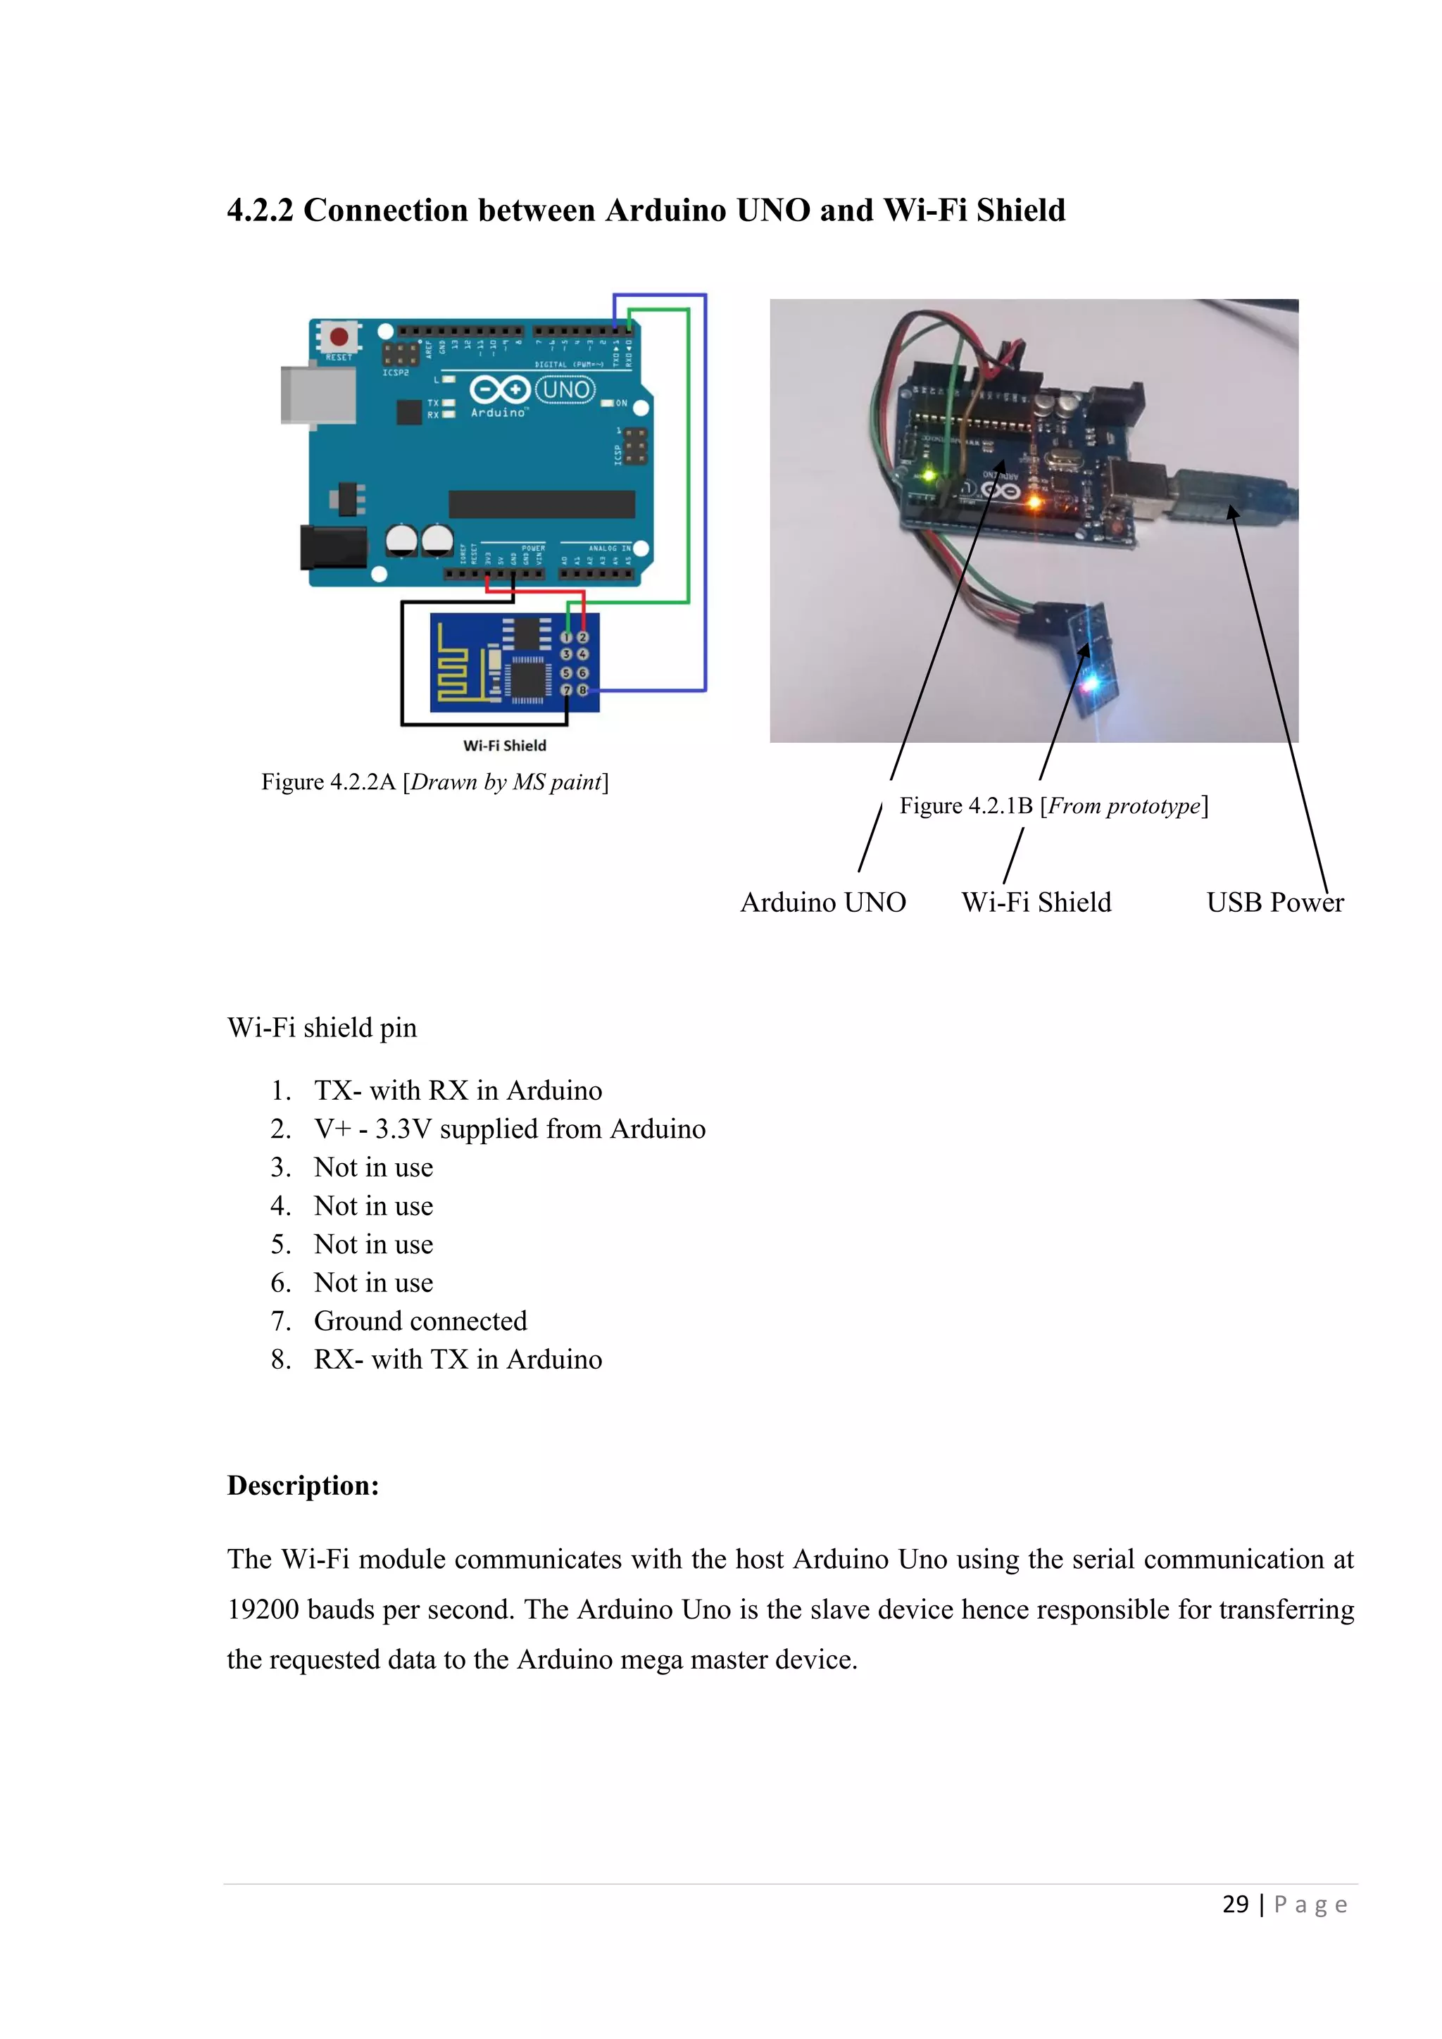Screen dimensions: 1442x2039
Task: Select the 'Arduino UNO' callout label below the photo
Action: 823,903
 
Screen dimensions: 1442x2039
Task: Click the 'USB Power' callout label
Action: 1274,903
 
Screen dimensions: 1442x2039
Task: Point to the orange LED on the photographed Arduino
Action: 1034,503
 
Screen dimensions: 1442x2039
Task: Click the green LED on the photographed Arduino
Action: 929,475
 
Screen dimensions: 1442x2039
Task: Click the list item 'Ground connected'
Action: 420,1322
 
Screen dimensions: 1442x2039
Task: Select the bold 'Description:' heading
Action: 303,1486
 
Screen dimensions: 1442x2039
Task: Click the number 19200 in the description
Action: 263,1610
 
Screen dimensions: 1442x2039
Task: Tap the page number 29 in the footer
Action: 1235,1904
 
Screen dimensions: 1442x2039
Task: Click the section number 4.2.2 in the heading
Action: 259,211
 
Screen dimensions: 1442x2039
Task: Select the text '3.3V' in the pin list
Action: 403,1129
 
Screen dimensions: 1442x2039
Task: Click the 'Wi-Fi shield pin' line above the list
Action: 322,1027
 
